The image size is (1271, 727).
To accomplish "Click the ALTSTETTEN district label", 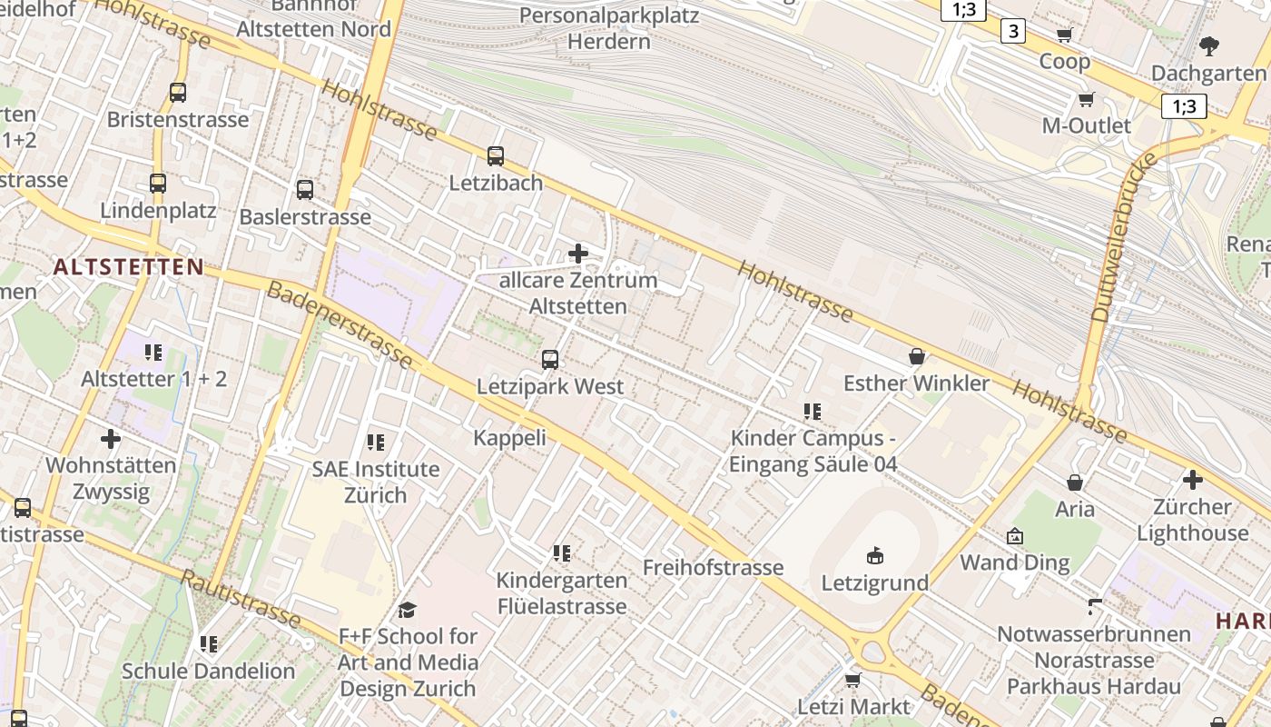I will coord(128,266).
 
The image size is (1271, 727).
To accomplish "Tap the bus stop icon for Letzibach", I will coord(496,156).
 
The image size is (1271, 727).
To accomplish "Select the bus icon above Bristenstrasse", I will coord(178,93).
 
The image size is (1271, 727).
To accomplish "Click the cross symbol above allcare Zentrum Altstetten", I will coord(577,253).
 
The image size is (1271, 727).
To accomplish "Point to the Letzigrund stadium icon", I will coord(875,555).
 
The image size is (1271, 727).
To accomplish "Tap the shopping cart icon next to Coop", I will coord(1065,35).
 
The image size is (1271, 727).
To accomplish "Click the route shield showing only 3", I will coord(1013,32).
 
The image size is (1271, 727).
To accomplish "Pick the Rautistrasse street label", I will coord(241,599).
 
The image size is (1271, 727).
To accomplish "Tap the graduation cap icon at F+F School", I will coord(408,610).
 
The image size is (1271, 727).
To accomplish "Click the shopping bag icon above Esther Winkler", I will coord(917,356).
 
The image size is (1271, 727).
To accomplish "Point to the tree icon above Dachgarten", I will coord(1208,46).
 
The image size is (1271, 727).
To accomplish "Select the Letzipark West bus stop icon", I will coord(550,360).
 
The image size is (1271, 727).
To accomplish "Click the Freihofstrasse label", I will coord(713,568).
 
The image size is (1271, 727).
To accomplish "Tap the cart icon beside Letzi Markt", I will coord(852,680).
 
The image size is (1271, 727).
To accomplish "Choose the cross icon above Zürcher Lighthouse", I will coord(1192,480).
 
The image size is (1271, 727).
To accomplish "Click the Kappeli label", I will coord(510,438).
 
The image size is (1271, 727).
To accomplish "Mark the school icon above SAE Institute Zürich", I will coord(376,443).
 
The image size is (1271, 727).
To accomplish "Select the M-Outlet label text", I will coord(1086,125).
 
